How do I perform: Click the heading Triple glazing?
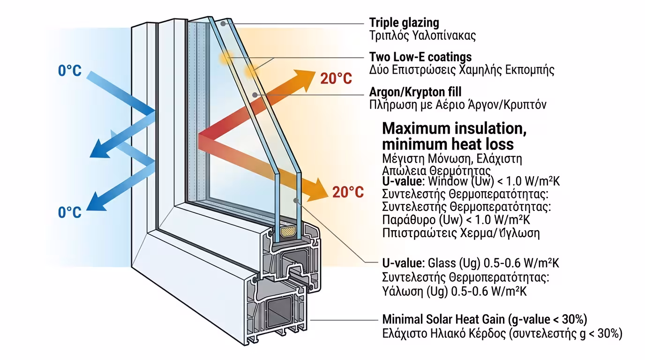(404, 22)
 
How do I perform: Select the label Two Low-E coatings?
(420, 57)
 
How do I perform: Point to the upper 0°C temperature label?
(70, 71)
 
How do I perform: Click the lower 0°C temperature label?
(70, 212)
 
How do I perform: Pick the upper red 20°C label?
(336, 79)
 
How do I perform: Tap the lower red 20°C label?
(348, 192)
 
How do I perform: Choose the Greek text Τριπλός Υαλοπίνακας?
(422, 35)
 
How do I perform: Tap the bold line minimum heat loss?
(448, 143)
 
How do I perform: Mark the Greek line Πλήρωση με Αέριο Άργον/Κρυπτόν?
(457, 105)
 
